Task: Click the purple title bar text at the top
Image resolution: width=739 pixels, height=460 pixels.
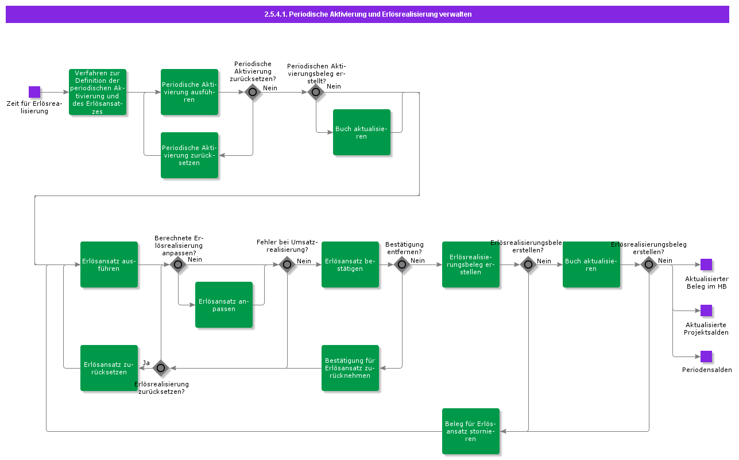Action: (367, 14)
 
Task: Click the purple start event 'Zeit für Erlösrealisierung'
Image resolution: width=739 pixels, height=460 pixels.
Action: (34, 92)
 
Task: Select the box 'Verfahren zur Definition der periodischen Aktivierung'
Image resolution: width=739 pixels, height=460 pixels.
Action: (98, 92)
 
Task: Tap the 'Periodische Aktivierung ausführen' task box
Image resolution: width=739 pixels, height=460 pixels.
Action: (189, 92)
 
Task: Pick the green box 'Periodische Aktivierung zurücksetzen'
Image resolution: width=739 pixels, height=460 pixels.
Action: (189, 155)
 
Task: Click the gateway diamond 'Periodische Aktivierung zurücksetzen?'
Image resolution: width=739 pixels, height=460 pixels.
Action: (253, 92)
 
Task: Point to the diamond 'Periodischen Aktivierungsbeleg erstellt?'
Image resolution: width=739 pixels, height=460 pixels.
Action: (316, 92)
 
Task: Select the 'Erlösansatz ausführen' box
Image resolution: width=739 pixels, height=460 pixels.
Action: (109, 264)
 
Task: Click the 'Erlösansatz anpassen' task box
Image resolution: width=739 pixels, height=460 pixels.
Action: (224, 305)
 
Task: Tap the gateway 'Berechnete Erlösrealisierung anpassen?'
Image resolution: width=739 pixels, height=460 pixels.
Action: (178, 264)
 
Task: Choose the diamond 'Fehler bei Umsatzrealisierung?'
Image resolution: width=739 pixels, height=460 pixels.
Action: (287, 264)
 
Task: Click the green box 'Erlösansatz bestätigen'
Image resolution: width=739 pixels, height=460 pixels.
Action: (350, 264)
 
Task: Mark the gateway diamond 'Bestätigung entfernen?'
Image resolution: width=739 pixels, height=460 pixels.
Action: (402, 264)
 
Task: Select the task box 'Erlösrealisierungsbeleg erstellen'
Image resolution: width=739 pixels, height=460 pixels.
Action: (471, 264)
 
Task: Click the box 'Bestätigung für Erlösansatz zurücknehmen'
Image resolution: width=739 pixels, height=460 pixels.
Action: (350, 368)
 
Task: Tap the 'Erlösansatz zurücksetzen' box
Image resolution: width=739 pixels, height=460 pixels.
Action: (109, 368)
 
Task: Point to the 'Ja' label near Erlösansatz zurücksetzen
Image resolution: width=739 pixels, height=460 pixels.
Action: (146, 363)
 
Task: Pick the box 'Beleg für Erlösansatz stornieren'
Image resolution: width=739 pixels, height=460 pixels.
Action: (471, 431)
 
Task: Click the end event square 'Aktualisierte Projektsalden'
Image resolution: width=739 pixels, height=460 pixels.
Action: (706, 310)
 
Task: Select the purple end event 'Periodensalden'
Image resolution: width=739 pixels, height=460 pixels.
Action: (706, 356)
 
